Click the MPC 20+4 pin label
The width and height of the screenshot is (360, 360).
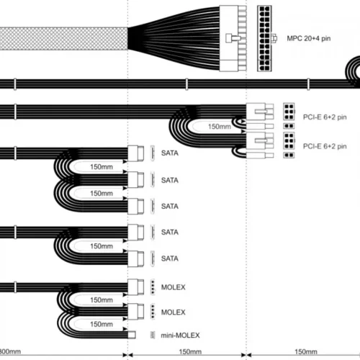pos(309,38)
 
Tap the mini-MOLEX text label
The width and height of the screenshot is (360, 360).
pos(180,336)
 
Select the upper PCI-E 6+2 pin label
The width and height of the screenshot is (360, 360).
pos(325,117)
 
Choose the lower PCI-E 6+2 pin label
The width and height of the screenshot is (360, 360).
pos(325,146)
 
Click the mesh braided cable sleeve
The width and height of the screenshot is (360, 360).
pos(63,39)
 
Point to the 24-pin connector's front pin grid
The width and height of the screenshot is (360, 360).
pos(264,38)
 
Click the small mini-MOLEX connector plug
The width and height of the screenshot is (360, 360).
pos(132,335)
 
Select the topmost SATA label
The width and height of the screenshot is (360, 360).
pos(170,153)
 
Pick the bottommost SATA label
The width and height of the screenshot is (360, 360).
pos(170,258)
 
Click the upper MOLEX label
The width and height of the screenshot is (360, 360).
pos(174,287)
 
